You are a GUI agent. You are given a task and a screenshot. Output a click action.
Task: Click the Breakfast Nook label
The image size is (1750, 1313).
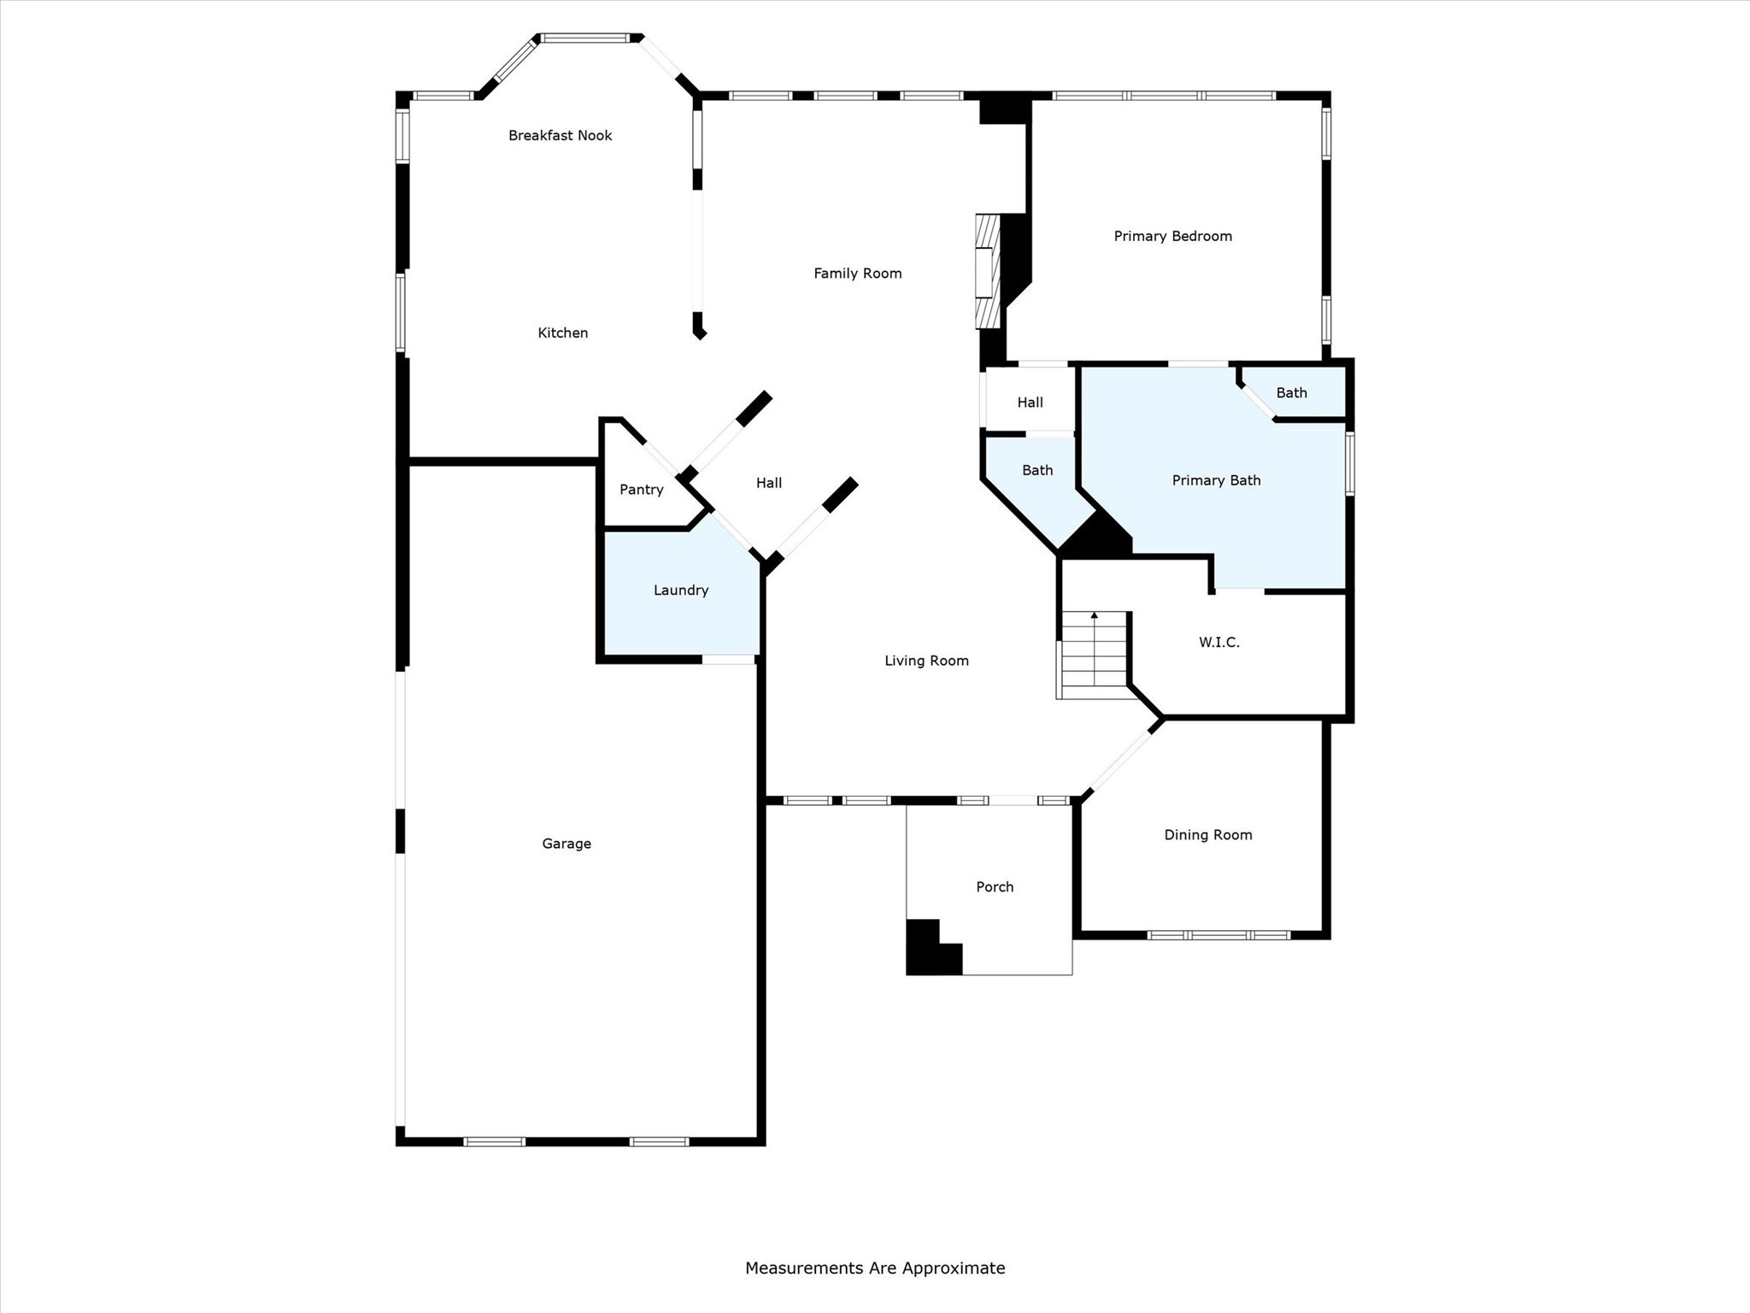[560, 135]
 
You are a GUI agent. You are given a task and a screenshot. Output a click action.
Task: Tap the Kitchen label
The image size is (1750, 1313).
[562, 333]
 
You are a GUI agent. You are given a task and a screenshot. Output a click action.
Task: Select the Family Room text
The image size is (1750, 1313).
[857, 273]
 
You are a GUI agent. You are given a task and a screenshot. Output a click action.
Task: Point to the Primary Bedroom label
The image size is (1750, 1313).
[1172, 236]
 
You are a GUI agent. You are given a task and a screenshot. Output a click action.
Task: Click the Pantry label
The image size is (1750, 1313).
[641, 489]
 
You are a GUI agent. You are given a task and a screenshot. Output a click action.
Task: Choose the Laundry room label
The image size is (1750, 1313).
[680, 590]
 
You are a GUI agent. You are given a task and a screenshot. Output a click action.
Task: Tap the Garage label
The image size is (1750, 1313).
[566, 844]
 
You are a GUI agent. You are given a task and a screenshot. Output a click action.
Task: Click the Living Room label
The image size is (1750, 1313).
[926, 660]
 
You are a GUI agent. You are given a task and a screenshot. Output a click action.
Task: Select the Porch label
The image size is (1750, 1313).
[995, 886]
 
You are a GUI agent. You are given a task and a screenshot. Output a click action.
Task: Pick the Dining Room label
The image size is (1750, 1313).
[1207, 834]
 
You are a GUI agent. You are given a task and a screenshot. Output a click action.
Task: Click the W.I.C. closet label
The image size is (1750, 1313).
[1219, 642]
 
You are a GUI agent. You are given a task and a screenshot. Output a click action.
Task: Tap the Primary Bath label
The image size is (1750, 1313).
[1216, 480]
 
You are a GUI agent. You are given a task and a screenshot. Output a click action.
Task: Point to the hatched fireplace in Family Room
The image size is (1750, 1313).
[988, 272]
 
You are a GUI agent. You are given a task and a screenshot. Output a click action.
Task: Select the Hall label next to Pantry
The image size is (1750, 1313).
[768, 483]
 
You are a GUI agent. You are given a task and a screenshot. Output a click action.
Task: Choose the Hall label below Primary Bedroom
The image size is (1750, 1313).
[1030, 403]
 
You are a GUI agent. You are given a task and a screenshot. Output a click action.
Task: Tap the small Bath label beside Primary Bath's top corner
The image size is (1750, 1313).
[1291, 392]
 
